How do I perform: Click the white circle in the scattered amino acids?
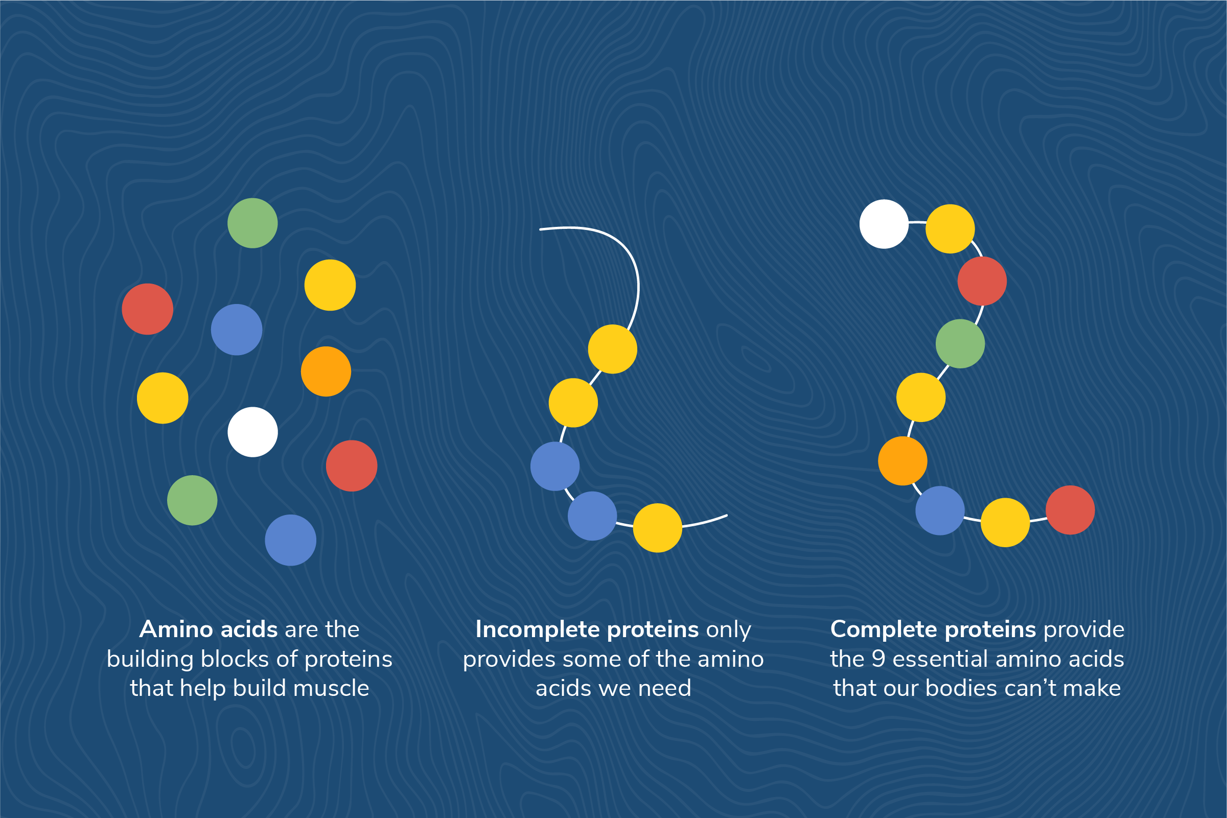(x=252, y=432)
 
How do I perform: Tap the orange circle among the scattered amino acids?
(x=326, y=371)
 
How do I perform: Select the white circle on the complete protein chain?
(x=884, y=224)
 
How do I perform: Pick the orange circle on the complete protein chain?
(x=902, y=461)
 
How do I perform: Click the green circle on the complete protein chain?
(x=960, y=344)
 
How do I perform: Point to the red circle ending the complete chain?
(x=1070, y=510)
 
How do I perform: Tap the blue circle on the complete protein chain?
(x=940, y=511)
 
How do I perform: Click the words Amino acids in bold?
(x=208, y=629)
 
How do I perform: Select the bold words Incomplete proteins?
(x=587, y=629)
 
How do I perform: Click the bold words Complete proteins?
(x=933, y=629)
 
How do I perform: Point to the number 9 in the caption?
(x=878, y=659)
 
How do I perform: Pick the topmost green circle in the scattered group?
(x=252, y=223)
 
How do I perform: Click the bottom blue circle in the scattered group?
(x=291, y=541)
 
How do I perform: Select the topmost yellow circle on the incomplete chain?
(x=612, y=349)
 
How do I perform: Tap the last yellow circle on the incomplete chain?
(x=657, y=528)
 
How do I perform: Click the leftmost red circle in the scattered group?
(x=148, y=309)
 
